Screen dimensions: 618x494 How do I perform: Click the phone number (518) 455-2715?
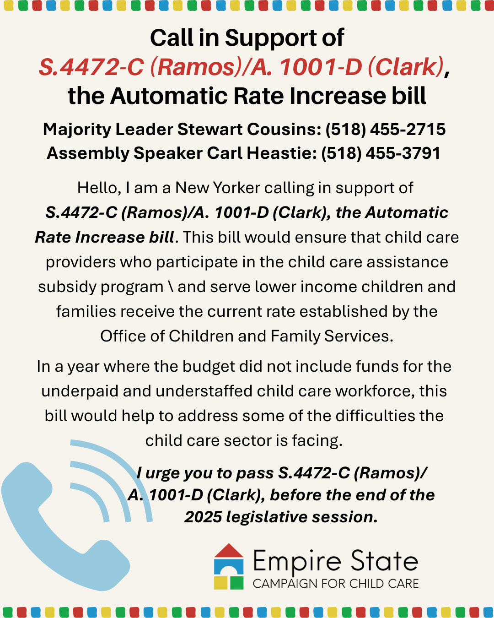coord(385,130)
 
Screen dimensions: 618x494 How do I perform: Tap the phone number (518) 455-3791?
coord(381,153)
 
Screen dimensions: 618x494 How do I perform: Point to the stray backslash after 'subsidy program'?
coord(171,287)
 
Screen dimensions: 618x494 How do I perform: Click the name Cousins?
coord(284,130)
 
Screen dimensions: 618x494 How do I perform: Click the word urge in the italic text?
coord(162,473)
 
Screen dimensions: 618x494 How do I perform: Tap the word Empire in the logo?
coord(297,562)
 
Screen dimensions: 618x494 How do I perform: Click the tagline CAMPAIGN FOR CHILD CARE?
coord(336,584)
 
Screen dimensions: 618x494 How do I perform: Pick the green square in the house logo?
coord(236,583)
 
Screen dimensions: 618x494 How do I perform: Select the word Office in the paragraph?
coord(123,336)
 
